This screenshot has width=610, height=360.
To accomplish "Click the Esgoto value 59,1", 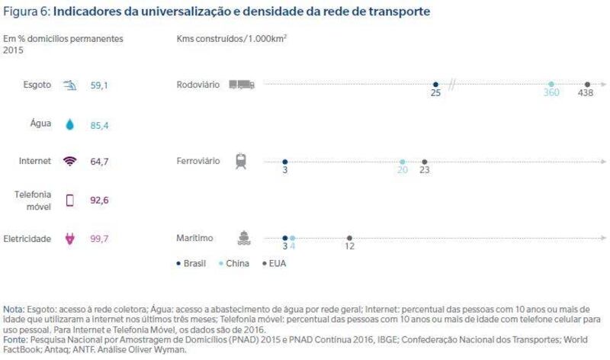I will point(99,85).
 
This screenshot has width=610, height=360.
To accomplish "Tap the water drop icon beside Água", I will point(70,124).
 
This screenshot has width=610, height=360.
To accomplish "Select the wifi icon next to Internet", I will point(70,161).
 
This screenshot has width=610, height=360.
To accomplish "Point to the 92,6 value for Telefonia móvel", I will point(99,200).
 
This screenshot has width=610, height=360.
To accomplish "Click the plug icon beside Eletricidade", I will point(70,239).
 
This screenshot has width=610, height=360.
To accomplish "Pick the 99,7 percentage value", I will point(99,239).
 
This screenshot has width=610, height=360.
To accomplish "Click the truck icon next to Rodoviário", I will point(241,85).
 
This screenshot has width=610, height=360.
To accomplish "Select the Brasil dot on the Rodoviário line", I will point(435,85).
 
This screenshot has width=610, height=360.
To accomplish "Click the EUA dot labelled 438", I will point(587,85).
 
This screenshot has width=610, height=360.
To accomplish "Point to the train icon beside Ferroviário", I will point(241,161).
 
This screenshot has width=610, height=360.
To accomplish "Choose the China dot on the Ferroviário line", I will point(403,162).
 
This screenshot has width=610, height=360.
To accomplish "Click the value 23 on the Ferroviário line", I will point(425,170).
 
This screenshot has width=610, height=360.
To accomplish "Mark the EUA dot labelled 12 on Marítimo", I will point(349,238).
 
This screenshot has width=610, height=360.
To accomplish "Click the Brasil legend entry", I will point(191,263).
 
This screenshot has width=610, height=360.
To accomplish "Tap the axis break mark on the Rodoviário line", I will point(451,85).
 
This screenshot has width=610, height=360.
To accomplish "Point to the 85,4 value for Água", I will point(99,124).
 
